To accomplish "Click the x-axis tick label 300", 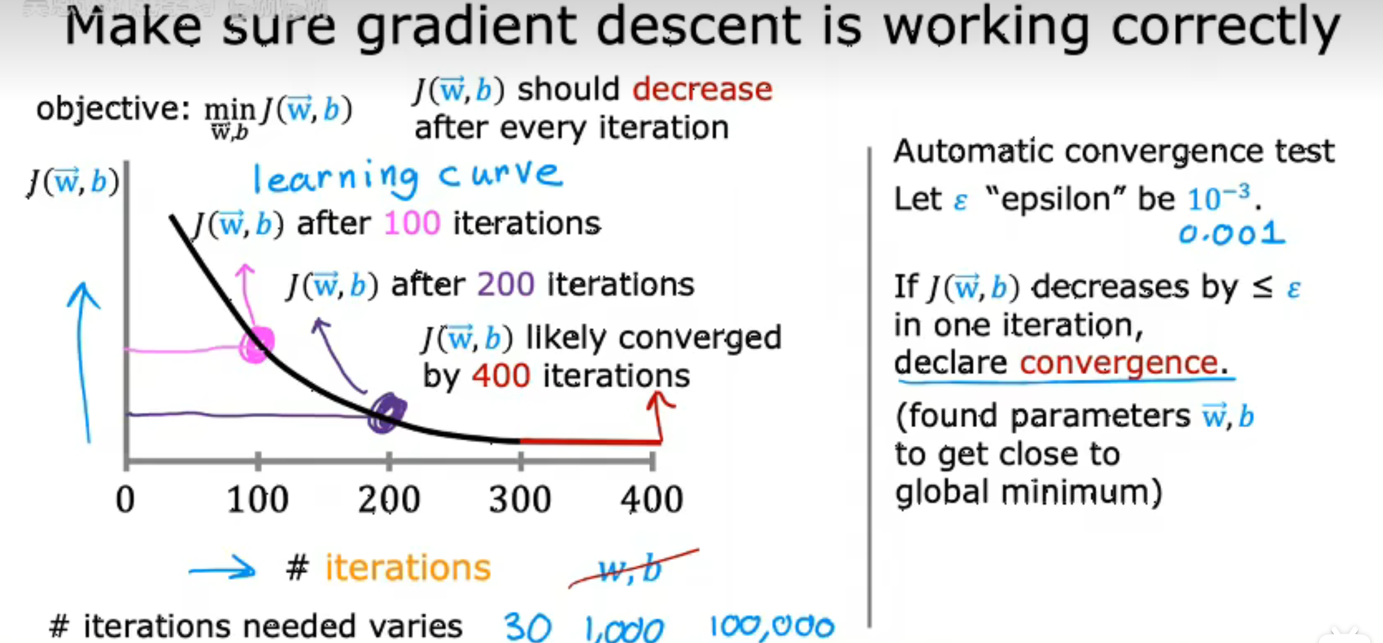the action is coord(520,500).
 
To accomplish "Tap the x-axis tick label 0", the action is coord(126,500).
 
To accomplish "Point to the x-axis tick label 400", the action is coord(652,500).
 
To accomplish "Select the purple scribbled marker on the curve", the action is coord(387,412).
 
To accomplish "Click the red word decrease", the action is coord(702,89).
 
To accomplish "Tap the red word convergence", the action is coord(1118,362).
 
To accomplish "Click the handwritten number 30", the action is coord(527,627).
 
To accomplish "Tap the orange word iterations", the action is coord(408,568).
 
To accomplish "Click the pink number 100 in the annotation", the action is coord(412,223).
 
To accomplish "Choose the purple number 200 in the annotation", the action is coord(505,284).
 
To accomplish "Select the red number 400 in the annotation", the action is coord(501,375).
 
